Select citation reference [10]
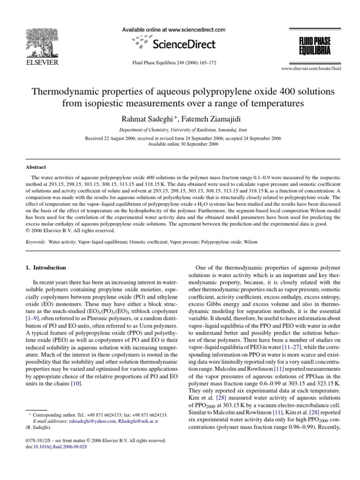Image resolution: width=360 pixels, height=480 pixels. pyautogui.click(x=76, y=384)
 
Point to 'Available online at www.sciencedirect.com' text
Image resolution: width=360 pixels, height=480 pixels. pyautogui.click(x=173, y=30)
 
